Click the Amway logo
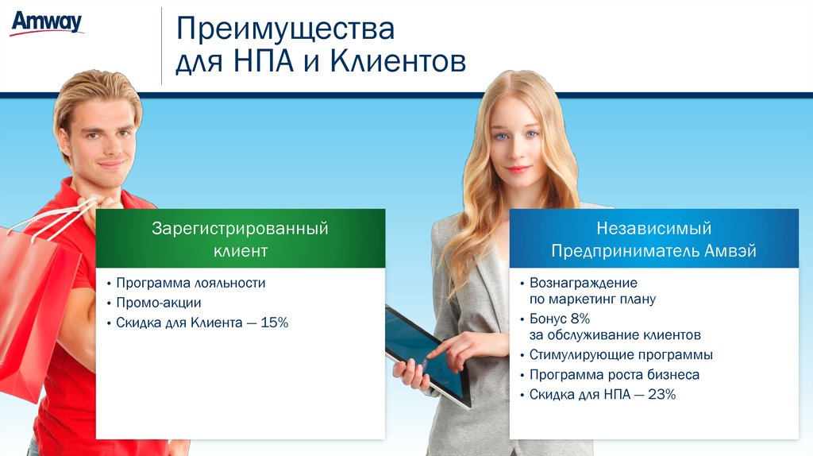(47, 23)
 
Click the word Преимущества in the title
(285, 29)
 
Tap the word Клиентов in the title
(398, 61)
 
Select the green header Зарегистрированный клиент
(241, 238)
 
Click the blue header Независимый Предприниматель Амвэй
(654, 238)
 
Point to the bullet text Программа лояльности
(191, 284)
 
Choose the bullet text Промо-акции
(158, 303)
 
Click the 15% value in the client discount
(274, 323)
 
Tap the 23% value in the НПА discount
(661, 394)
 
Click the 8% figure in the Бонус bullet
(580, 319)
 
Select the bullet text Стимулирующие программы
(621, 355)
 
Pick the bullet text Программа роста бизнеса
(615, 374)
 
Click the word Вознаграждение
(584, 284)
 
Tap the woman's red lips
(518, 169)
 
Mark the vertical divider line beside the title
(161, 45)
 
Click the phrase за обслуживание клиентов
(615, 335)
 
